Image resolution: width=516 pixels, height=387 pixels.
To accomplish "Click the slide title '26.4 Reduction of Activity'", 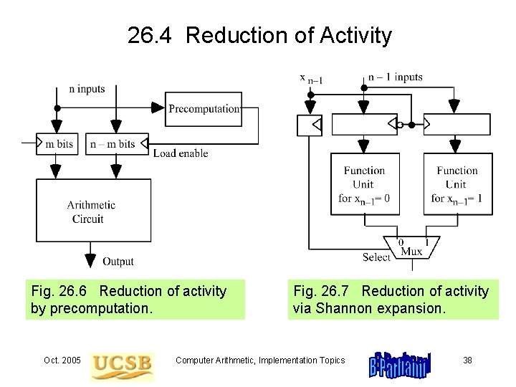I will pyautogui.click(x=259, y=35).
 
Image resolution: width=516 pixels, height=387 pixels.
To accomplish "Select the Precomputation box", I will pyautogui.click(x=204, y=108).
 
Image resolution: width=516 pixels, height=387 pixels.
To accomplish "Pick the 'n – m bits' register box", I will pyautogui.click(x=113, y=144).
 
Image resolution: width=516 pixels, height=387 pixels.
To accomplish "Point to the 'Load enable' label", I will pyautogui.click(x=181, y=153).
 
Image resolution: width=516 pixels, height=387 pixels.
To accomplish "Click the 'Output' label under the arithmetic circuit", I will pyautogui.click(x=118, y=262).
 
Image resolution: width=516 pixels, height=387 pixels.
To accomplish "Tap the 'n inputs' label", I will pyautogui.click(x=87, y=89).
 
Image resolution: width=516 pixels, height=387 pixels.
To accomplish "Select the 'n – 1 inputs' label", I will pyautogui.click(x=395, y=77).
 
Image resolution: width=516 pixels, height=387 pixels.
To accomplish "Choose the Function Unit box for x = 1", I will pyautogui.click(x=457, y=184).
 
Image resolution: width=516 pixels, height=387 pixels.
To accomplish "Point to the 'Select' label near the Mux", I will pyautogui.click(x=376, y=257).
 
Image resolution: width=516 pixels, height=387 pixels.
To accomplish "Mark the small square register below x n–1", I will pyautogui.click(x=310, y=125).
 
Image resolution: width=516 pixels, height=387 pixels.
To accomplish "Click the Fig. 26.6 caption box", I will pyautogui.click(x=135, y=300).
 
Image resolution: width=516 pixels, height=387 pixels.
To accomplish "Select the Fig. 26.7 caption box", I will pyautogui.click(x=393, y=300).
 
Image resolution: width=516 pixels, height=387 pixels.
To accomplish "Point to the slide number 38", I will pyautogui.click(x=467, y=360).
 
